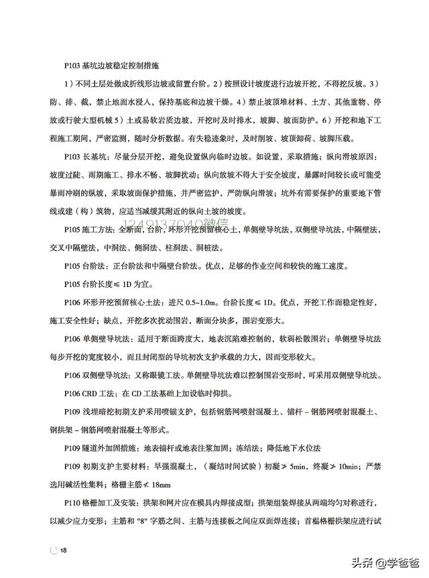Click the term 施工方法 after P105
[97, 230]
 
